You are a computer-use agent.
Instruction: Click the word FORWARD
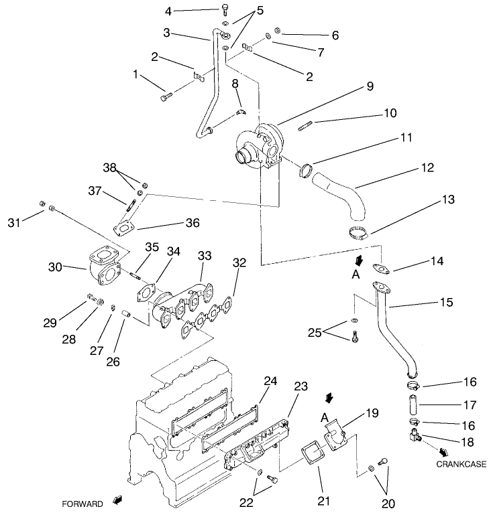tap(83, 503)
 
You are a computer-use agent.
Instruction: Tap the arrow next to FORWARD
tap(118, 500)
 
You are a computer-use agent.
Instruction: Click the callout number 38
tap(109, 167)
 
